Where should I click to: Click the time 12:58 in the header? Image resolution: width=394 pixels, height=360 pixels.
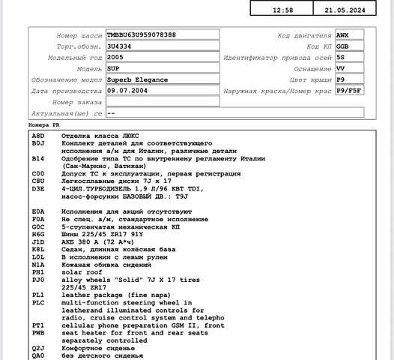283,10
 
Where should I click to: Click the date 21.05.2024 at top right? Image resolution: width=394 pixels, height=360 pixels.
345,10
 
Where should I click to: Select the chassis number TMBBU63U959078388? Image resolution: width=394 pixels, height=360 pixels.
142,34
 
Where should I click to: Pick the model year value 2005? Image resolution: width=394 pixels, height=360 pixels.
116,57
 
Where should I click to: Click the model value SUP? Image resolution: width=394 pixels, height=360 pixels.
114,68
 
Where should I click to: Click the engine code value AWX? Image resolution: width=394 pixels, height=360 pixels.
343,34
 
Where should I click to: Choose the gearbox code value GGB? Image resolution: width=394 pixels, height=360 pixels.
343,46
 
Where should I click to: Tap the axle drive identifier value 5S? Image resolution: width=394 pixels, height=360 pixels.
341,57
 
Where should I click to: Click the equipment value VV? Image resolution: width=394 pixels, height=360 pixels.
341,68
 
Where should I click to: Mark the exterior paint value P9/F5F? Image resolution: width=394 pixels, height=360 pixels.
350,91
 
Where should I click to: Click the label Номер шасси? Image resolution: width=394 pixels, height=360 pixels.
79,35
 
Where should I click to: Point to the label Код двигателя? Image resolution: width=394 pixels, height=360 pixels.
304,35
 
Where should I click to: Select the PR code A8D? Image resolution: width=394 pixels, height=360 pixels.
38,136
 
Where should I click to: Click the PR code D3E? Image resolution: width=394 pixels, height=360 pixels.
38,189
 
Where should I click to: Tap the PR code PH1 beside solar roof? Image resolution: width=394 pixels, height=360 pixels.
38,271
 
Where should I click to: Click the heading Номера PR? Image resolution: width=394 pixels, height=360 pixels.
43,124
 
